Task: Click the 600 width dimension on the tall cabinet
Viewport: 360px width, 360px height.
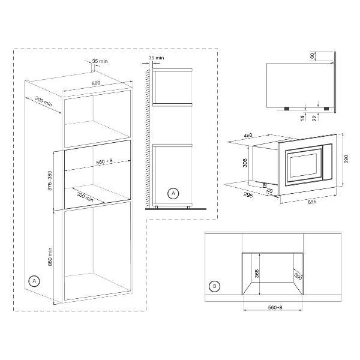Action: click(96, 83)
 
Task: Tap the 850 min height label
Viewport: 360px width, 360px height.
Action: click(50, 256)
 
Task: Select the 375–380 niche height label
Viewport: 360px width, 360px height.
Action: click(50, 181)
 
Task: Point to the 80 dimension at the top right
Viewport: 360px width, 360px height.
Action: click(312, 56)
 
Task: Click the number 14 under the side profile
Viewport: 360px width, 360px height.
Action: click(302, 118)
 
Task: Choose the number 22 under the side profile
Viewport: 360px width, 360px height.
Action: click(314, 118)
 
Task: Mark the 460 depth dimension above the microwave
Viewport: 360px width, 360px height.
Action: click(248, 136)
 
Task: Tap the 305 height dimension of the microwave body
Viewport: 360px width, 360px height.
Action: click(245, 163)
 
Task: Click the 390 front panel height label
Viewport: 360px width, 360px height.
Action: click(346, 159)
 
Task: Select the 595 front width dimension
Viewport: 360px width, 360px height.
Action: click(312, 202)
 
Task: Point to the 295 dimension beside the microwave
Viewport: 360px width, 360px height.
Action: click(248, 194)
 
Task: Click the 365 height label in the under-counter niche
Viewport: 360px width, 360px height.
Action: click(257, 274)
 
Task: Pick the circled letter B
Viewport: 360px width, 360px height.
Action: click(214, 286)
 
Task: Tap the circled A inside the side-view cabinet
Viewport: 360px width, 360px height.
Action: click(173, 193)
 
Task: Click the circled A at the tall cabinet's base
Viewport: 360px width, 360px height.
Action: click(34, 281)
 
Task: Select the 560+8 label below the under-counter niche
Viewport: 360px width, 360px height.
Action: click(275, 307)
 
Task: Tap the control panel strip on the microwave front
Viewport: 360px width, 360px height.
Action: click(327, 162)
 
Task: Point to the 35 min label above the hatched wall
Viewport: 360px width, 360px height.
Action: click(156, 58)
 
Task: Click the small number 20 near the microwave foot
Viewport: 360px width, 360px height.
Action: click(269, 190)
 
